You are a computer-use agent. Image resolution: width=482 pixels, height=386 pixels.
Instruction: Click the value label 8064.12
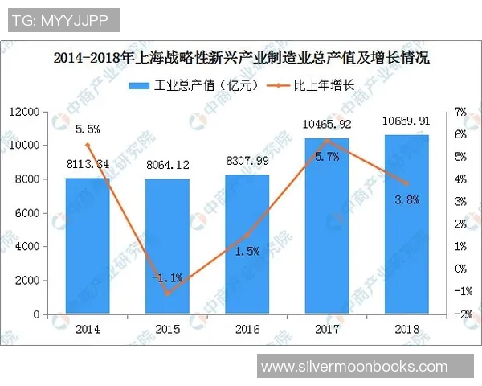pyautogui.click(x=167, y=165)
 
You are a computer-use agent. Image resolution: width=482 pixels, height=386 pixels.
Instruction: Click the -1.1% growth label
pyautogui.click(x=168, y=277)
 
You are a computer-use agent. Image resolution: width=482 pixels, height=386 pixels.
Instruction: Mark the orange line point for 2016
pyautogui.click(x=247, y=235)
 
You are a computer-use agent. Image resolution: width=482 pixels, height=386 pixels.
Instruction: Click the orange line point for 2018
pyautogui.click(x=406, y=183)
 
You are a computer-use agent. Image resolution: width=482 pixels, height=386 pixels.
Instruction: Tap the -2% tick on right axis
pyautogui.click(x=461, y=314)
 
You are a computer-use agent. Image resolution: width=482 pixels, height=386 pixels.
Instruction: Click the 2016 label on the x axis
pyautogui.click(x=247, y=329)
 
